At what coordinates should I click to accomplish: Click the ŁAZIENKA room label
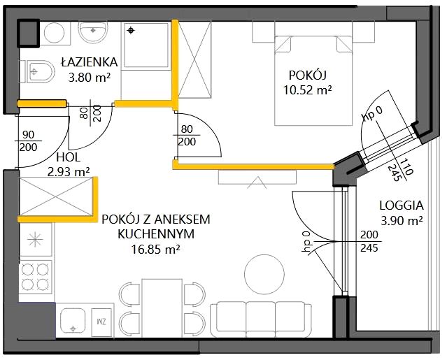click(x=90, y=62)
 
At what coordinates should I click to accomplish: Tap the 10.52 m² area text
click(x=308, y=90)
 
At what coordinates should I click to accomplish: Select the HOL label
click(x=69, y=157)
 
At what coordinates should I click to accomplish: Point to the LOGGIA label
click(x=402, y=206)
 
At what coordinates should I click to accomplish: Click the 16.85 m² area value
click(x=156, y=250)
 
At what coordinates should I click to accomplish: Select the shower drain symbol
click(x=131, y=30)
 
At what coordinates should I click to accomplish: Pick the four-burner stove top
click(x=36, y=277)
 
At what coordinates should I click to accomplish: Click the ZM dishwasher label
click(x=102, y=322)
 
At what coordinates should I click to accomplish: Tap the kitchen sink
click(x=73, y=321)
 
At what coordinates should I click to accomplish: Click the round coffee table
click(x=264, y=274)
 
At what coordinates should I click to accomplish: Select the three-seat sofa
click(x=261, y=319)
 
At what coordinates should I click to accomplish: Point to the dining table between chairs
click(x=162, y=308)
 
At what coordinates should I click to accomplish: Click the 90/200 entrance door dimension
click(x=28, y=141)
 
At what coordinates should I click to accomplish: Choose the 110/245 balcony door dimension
click(x=401, y=170)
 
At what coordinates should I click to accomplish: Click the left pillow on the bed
click(x=283, y=44)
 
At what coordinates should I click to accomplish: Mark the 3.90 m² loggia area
click(x=402, y=221)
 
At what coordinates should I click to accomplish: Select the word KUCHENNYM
click(x=156, y=234)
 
